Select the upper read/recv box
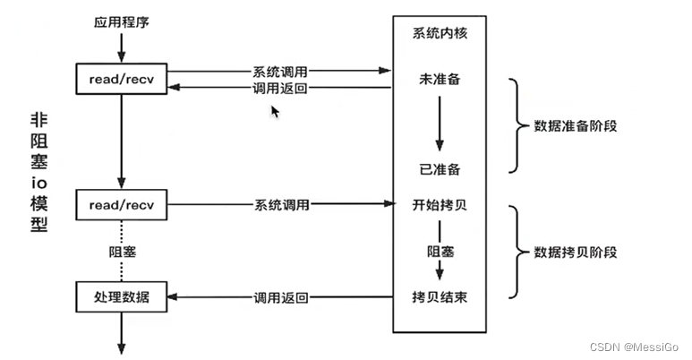(122, 80)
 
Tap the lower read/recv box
(122, 205)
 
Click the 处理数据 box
(122, 296)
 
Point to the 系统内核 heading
(439, 35)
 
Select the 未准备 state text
(439, 80)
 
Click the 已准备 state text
(439, 169)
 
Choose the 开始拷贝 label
(439, 205)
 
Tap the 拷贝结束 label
(439, 296)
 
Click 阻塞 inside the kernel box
(439, 252)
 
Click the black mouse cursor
(276, 111)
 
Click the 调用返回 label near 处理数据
(280, 296)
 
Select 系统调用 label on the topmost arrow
(280, 71)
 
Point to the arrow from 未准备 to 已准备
(439, 124)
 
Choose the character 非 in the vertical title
(38, 123)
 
